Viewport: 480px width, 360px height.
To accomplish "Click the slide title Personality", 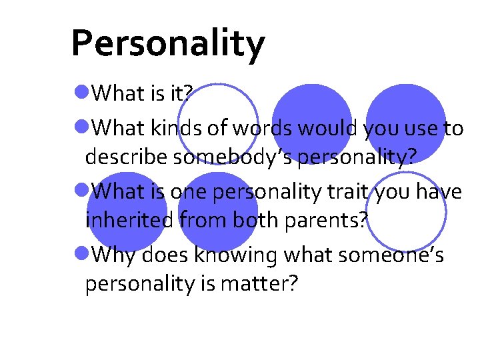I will [167, 45].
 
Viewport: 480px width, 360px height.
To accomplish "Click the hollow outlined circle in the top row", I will [217, 123].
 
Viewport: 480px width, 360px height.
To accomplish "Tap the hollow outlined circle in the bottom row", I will [406, 212].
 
